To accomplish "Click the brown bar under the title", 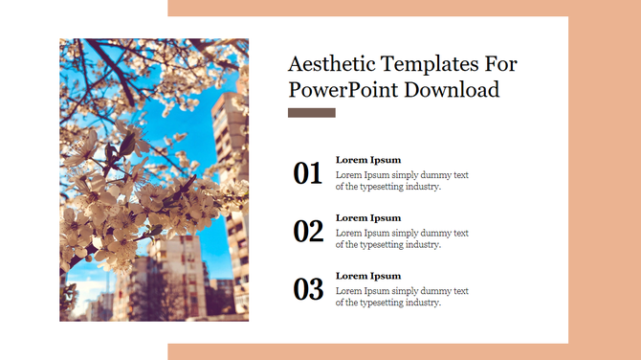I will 311,113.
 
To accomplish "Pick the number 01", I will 308,173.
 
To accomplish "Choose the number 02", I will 308,231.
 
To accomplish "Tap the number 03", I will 308,288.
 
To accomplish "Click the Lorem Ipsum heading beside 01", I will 368,160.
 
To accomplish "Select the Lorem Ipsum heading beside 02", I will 368,217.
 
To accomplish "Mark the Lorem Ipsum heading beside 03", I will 368,276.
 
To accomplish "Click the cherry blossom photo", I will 153,180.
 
